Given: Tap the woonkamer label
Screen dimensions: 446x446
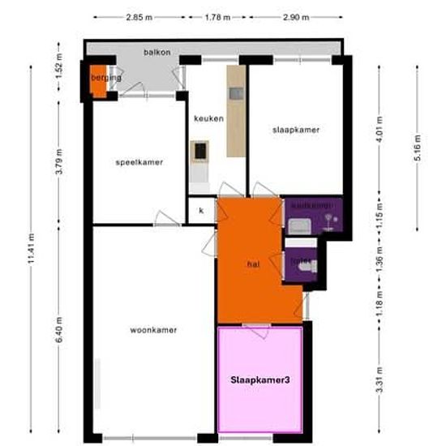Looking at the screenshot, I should coord(153,330).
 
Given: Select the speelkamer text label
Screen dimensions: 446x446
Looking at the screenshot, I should coord(139,162).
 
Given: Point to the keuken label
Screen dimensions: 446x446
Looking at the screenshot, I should coord(208,119).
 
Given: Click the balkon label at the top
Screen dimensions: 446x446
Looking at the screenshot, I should coord(157,51).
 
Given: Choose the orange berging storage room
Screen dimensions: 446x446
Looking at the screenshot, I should coord(98,79).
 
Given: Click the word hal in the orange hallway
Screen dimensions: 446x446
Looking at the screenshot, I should coord(253,264).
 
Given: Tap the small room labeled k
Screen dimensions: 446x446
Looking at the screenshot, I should coord(201,212).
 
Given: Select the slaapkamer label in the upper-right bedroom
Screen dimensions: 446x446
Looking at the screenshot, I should coord(295,130).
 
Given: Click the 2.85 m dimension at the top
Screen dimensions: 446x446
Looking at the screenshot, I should coord(139,16).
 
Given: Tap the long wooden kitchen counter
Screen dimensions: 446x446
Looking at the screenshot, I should coord(235,111).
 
